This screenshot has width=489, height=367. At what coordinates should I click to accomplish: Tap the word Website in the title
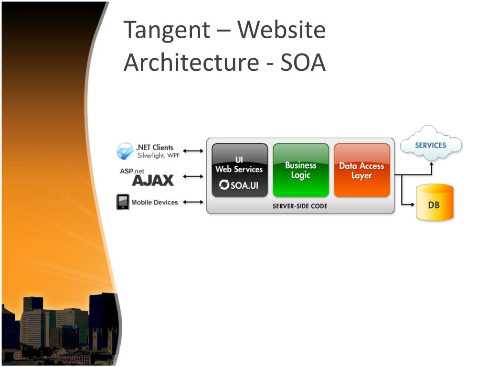pyautogui.click(x=282, y=30)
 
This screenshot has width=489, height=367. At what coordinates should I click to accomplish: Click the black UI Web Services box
pyautogui.click(x=239, y=170)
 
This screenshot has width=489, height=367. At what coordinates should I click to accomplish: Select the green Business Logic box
pyautogui.click(x=301, y=170)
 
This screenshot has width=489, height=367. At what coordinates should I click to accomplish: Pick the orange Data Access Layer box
pyautogui.click(x=361, y=170)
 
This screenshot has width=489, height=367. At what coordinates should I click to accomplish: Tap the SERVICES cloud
pyautogui.click(x=430, y=145)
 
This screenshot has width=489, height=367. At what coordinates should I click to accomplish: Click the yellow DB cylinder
pyautogui.click(x=434, y=204)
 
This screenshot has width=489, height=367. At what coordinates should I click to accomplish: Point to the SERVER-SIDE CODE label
pyautogui.click(x=300, y=206)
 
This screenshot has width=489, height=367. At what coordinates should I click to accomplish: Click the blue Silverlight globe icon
pyautogui.click(x=125, y=151)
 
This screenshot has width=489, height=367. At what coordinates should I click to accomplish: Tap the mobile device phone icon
pyautogui.click(x=123, y=202)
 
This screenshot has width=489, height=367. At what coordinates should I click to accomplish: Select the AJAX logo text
pyautogui.click(x=153, y=180)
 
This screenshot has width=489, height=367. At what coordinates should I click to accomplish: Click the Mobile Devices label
pyautogui.click(x=154, y=202)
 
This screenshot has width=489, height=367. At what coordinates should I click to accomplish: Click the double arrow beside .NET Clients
pyautogui.click(x=193, y=151)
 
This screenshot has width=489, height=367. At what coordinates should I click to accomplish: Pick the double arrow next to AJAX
pyautogui.click(x=193, y=176)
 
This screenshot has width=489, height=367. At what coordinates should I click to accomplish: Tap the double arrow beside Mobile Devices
pyautogui.click(x=193, y=202)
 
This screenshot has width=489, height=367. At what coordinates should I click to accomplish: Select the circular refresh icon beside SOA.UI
pyautogui.click(x=224, y=185)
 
